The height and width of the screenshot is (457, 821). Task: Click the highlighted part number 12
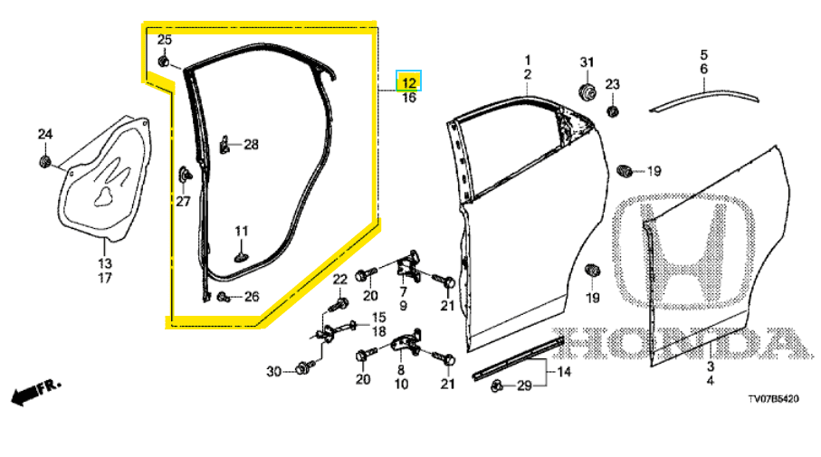pos(408,82)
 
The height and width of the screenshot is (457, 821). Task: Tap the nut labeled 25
pos(163,62)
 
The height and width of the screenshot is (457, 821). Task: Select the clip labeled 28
pos(224,144)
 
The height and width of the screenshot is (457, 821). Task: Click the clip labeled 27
pos(186,174)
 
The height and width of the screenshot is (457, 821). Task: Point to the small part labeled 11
pos(241,256)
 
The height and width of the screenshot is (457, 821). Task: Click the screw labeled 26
pos(223,297)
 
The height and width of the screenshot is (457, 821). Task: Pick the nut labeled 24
pos(45,162)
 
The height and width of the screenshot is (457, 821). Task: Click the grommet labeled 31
pos(587,90)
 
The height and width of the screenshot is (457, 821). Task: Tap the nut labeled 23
pos(613,111)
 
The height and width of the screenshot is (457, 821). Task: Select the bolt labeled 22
pos(340,303)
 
